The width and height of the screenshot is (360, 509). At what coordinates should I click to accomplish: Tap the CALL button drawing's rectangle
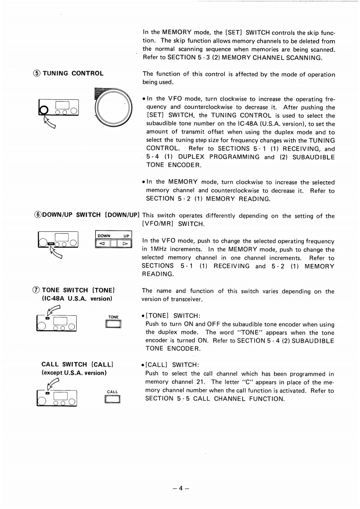112,400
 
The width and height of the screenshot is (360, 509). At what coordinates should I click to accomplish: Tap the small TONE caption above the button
113,317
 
